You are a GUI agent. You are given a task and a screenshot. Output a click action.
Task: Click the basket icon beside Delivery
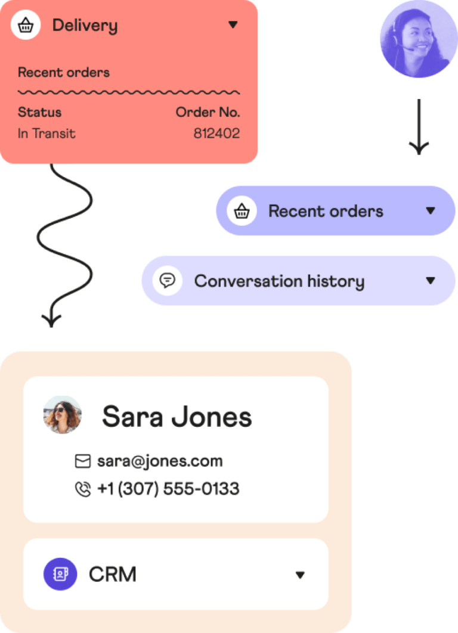[x=26, y=25]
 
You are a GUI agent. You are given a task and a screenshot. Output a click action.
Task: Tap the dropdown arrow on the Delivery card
[x=233, y=25]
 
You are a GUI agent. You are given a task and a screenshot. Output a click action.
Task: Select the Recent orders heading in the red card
[x=64, y=73]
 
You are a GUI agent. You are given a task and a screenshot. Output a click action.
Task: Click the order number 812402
[x=216, y=134]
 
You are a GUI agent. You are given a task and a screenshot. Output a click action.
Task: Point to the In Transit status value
[x=47, y=134]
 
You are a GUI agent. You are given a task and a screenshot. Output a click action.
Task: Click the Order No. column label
[x=208, y=112]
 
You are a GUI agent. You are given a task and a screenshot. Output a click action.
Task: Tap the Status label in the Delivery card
[x=39, y=112]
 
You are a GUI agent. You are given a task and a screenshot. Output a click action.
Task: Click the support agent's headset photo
[x=415, y=40]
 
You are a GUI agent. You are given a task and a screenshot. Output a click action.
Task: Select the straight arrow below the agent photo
[x=419, y=128]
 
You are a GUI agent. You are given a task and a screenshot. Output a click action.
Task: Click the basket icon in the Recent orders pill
[x=242, y=211]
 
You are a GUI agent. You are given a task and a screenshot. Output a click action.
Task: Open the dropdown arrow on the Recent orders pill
[x=431, y=211]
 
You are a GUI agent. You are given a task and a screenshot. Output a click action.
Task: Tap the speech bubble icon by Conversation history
[x=168, y=281]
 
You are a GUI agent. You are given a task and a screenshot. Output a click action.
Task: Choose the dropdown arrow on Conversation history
[x=431, y=281]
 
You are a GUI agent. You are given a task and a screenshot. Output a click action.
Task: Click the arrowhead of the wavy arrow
[x=51, y=319]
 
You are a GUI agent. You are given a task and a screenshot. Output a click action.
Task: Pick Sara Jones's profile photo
[x=62, y=415]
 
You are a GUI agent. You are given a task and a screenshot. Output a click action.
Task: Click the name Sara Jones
[x=177, y=417]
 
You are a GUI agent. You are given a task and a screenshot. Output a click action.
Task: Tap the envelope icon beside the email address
[x=83, y=461]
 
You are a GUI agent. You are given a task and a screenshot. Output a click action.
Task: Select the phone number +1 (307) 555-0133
[x=168, y=489]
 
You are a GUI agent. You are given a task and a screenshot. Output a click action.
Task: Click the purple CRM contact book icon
[x=60, y=574]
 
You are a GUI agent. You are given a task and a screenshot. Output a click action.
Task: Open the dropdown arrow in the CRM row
[x=300, y=575]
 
